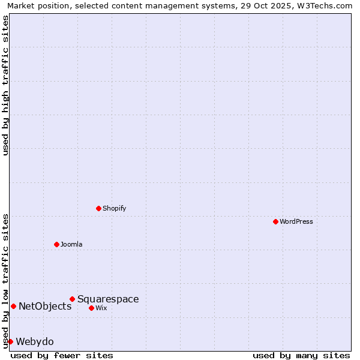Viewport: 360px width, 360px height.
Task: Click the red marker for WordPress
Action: point(275,221)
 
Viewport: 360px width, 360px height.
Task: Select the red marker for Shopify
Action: point(98,208)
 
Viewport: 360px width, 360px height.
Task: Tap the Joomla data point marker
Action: point(56,244)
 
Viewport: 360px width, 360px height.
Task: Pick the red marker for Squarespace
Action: point(72,299)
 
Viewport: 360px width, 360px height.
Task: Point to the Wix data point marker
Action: point(91,308)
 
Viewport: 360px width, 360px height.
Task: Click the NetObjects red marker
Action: point(13,306)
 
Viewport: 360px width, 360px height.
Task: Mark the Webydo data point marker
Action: point(10,341)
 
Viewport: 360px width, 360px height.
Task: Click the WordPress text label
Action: point(296,221)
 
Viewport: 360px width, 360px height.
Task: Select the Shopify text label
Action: point(114,208)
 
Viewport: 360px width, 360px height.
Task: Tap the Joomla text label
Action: point(71,244)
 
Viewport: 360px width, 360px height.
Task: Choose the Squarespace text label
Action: point(108,299)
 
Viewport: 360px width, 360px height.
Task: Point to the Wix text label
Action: point(101,308)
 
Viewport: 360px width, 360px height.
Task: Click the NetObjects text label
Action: point(45,306)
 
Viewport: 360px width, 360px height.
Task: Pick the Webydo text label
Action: point(35,341)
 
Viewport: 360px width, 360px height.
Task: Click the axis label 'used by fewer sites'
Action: point(62,355)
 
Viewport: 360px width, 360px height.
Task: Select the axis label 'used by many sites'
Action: point(301,355)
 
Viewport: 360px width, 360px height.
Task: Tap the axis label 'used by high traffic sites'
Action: point(5,85)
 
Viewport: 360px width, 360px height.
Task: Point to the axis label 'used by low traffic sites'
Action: point(5,281)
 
